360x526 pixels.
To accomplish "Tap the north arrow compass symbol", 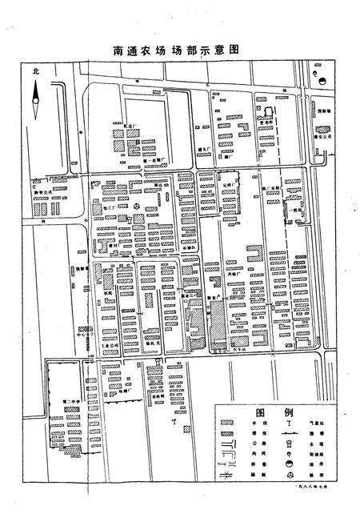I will coord(35,100).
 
